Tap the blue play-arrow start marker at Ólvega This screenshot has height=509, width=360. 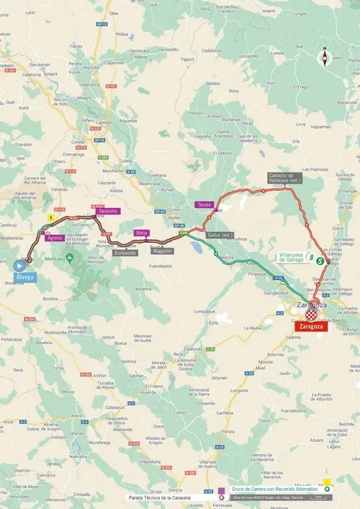pyautogui.click(x=19, y=265)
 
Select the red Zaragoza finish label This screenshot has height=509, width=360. pyautogui.click(x=311, y=325)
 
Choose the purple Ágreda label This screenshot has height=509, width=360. pyautogui.click(x=55, y=238)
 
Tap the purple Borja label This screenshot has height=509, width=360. pyautogui.click(x=142, y=233)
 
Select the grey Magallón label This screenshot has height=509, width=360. pyautogui.click(x=162, y=251)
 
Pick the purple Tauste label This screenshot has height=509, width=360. pyautogui.click(x=204, y=204)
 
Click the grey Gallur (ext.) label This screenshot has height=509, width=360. pyautogui.click(x=220, y=235)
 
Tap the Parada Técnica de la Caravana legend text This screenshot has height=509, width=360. pyautogui.click(x=162, y=497)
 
